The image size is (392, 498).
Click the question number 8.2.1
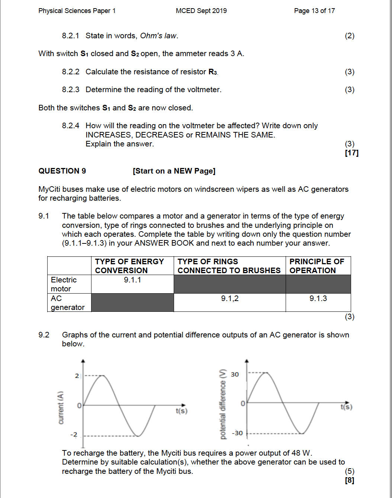point(70,36)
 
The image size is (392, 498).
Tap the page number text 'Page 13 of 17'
point(314,11)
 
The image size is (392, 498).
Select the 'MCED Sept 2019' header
point(201,11)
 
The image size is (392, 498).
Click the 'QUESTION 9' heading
point(62,171)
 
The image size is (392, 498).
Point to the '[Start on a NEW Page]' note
point(174,171)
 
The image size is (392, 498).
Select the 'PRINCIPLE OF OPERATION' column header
point(317,266)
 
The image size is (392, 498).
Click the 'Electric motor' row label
point(64,284)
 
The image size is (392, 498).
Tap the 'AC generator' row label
point(67,303)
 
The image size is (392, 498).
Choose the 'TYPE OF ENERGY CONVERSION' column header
point(129,266)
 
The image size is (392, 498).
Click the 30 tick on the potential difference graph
point(235,374)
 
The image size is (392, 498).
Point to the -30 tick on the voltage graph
point(237,433)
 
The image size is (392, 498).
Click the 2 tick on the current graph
point(77,376)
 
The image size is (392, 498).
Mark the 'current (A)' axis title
point(61,408)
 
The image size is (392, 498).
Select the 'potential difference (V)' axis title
point(223,404)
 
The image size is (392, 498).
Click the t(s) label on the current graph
point(181,411)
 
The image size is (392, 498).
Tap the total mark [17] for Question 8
point(351,153)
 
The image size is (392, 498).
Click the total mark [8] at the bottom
point(350,480)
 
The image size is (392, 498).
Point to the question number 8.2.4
point(70,126)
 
